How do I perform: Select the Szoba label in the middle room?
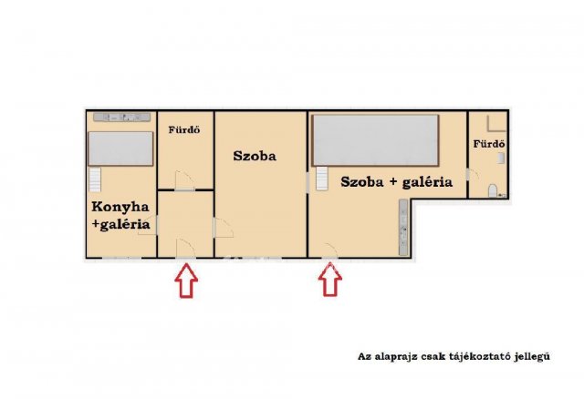pos(255,156)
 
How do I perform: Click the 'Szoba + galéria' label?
pos(396,181)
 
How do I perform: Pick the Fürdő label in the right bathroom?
pos(489,145)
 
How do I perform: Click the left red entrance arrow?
pos(185,281)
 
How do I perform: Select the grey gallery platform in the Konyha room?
pos(120,147)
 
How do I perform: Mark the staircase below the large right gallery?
pos(321,179)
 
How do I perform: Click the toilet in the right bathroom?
pos(494,191)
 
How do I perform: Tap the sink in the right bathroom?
pos(499,158)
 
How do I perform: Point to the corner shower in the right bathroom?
pos(497,126)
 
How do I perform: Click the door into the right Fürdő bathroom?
pos(469,173)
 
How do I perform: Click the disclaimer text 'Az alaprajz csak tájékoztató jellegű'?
pos(454,357)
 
